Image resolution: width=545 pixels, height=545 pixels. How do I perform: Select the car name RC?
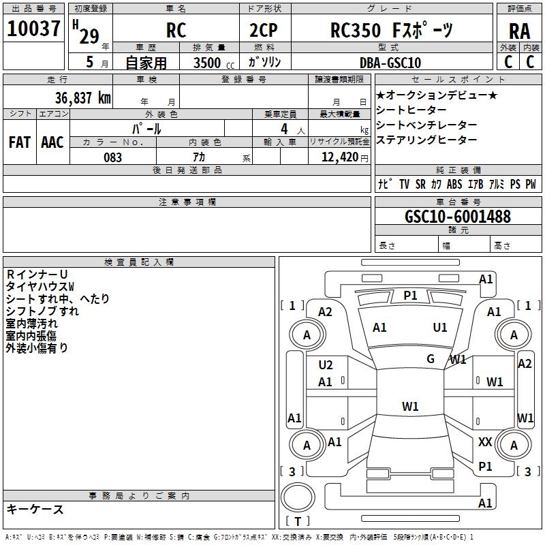click(176, 31)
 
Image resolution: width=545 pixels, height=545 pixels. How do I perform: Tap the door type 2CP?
click(264, 31)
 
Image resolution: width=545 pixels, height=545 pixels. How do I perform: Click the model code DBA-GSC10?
click(390, 63)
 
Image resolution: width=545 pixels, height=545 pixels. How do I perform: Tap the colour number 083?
click(113, 157)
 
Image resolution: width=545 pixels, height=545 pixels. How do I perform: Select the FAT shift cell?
click(19, 142)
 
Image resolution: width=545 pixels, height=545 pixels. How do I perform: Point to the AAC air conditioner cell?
click(52, 142)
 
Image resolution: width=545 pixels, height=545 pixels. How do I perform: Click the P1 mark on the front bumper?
click(410, 295)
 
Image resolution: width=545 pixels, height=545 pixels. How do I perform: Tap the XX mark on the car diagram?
click(485, 442)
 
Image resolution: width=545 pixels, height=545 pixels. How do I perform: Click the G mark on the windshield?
click(431, 358)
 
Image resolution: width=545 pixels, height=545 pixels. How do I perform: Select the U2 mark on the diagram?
click(326, 365)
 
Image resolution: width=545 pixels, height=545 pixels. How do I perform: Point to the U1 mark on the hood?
click(440, 328)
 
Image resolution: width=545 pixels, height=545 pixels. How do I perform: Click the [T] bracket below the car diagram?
click(298, 521)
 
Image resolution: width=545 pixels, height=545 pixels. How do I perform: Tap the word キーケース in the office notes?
click(35, 509)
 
